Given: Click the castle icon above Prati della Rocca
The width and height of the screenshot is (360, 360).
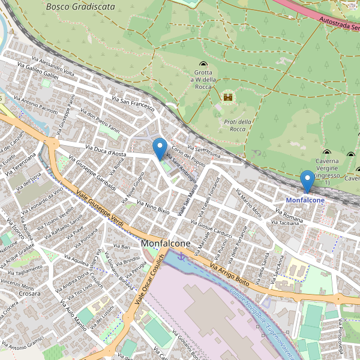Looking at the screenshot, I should pos(227,97).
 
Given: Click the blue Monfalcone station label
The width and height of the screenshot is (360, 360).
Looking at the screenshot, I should pos(305,200).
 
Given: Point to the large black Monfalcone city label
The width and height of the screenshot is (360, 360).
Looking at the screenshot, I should pos(166,244).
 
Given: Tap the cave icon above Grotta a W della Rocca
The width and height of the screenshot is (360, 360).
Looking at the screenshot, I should pos(203,64).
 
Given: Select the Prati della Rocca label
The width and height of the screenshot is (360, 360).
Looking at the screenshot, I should pos(234,125).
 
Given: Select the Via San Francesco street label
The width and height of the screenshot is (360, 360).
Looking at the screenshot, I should pos(133,103).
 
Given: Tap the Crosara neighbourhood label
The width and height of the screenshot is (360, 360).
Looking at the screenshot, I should pos(29,294).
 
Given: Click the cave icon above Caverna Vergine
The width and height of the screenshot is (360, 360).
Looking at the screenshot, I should pos(327,152).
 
